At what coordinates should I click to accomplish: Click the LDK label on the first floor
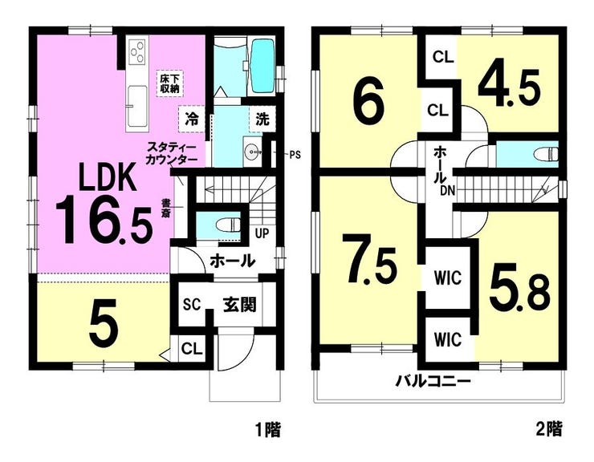(x=107, y=177)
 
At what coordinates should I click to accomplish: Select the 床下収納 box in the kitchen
(x=169, y=84)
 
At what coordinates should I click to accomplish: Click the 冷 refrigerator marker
(x=191, y=120)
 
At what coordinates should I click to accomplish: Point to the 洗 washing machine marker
(x=262, y=120)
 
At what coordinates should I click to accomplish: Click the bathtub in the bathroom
(x=262, y=67)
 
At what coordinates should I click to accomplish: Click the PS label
(x=295, y=155)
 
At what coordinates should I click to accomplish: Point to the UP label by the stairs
(x=262, y=233)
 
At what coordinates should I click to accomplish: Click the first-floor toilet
(x=228, y=225)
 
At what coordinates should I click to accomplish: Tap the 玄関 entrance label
(x=239, y=305)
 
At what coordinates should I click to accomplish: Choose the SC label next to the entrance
(x=191, y=306)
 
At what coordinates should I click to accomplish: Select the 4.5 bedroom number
(x=509, y=88)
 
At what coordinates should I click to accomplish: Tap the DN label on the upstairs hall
(x=447, y=191)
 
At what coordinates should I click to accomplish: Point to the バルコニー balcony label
(x=433, y=380)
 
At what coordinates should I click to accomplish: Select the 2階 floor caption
(x=549, y=429)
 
